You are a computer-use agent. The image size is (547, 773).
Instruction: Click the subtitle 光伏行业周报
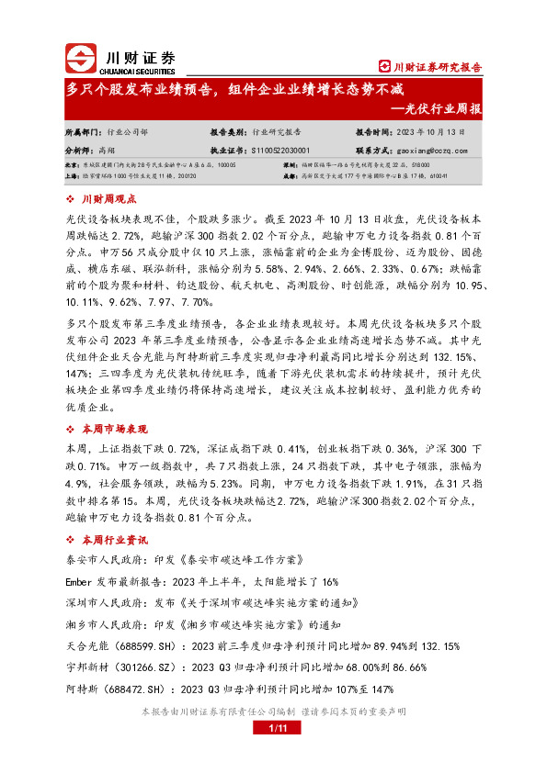tap(441, 109)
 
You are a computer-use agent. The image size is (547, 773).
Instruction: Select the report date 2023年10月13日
tap(429, 132)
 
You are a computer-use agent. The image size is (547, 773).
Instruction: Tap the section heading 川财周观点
tap(108, 198)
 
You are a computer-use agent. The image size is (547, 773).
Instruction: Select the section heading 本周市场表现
tap(114, 429)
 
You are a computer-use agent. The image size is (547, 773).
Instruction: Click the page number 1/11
tap(272, 728)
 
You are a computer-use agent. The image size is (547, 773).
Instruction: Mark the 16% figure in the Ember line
tap(330, 581)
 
